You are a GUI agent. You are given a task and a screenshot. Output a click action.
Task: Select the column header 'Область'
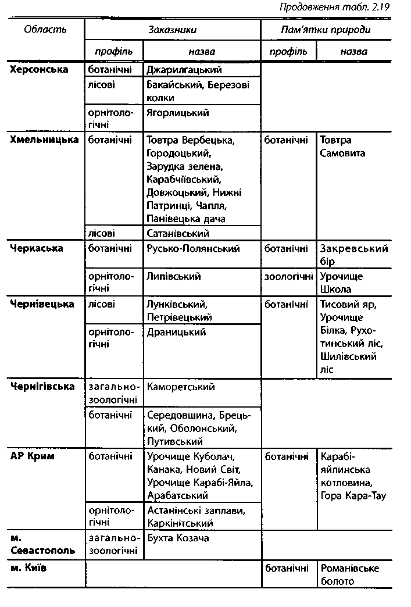pos(45,29)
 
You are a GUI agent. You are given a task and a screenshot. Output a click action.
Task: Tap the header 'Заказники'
pos(172,29)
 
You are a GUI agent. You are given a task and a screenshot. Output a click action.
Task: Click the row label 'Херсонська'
pos(39,70)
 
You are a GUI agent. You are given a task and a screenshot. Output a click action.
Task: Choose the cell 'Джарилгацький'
pos(184,70)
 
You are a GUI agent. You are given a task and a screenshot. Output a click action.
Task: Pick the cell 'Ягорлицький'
pos(178,113)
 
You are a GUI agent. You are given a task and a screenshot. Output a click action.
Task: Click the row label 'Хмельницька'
pos(44,140)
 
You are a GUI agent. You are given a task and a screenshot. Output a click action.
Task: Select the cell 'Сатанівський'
pos(178,233)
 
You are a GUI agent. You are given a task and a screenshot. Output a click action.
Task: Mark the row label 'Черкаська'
pos(36,248)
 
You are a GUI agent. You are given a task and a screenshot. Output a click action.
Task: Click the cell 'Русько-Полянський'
pos(193,248)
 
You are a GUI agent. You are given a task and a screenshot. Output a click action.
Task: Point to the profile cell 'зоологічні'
pos(289,276)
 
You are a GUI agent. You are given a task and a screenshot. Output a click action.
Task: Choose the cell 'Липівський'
pos(174,276)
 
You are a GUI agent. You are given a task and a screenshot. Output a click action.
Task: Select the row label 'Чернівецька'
pos(42,304)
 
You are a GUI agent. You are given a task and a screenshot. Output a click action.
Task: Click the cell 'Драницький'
pos(177,332)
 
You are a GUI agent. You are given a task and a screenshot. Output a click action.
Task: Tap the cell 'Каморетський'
pos(181,387)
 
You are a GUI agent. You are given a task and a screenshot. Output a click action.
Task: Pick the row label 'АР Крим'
pos(32,456)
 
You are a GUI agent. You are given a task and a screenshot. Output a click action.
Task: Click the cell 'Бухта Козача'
pos(177,538)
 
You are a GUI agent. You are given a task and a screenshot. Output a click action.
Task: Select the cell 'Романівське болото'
pos(349,574)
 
